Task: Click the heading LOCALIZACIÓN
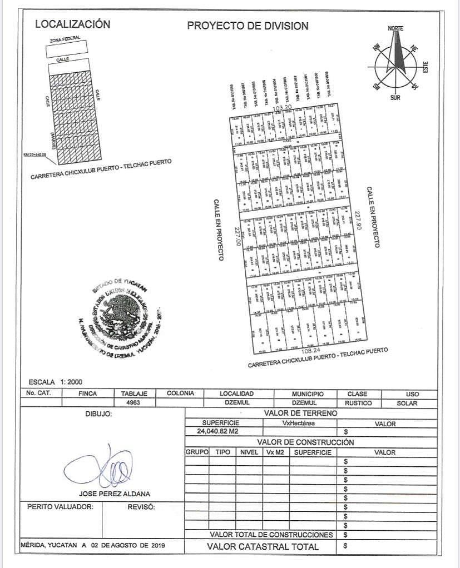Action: [x=72, y=24]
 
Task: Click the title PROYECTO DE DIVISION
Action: [x=248, y=26]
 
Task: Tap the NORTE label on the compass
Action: [x=395, y=28]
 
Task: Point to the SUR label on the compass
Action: [x=395, y=97]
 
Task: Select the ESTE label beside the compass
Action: [x=426, y=67]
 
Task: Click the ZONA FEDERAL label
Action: [x=65, y=40]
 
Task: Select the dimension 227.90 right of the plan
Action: [x=359, y=221]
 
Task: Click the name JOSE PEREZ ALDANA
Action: [x=114, y=494]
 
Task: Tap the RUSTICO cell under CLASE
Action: [x=358, y=402]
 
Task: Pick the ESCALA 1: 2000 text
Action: [x=55, y=382]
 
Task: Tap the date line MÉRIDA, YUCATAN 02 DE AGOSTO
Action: [x=93, y=545]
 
